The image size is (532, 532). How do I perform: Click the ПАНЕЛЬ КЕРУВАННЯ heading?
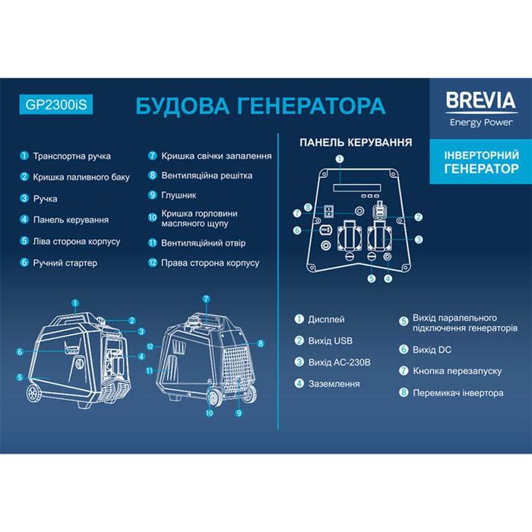coord(356,142)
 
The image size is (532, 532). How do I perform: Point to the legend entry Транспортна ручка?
coord(71,156)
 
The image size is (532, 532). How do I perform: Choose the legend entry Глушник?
coord(178,195)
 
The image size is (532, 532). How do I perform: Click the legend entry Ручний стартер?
coord(65,263)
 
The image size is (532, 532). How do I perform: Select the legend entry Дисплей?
coord(326,319)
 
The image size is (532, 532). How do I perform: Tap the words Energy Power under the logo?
coord(481,122)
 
